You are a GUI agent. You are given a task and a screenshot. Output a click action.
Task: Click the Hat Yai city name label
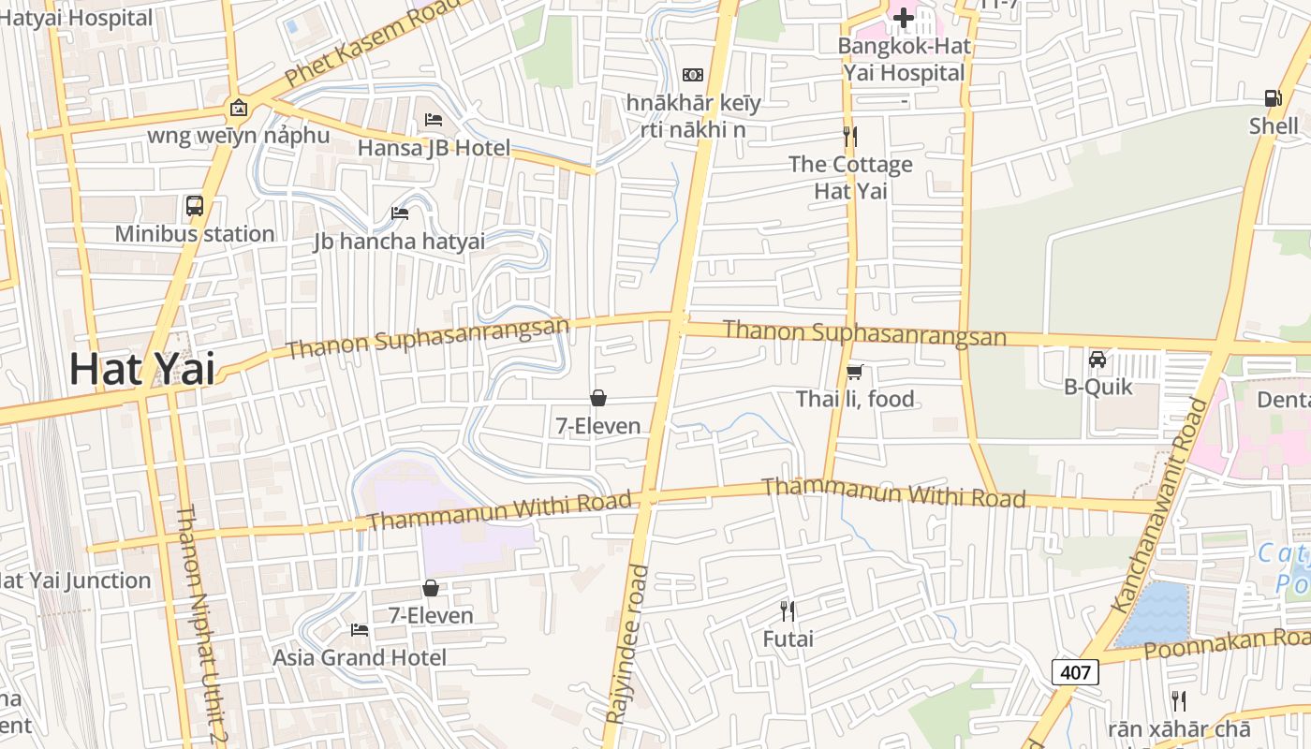pos(142,369)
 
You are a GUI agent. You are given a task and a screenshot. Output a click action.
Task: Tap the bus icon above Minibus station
pos(195,206)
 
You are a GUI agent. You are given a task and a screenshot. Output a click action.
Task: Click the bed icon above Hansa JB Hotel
pos(434,120)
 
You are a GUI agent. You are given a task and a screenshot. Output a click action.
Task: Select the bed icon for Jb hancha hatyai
pos(400,213)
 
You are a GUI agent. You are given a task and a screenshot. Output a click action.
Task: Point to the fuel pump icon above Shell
pos(1273,97)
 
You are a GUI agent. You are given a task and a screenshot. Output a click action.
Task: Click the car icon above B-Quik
pos(1097,360)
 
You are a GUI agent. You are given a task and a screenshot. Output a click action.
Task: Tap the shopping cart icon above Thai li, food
pos(854,373)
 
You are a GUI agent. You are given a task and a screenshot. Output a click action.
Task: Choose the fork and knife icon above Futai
pos(788,611)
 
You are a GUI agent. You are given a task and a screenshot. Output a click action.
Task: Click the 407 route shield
pos(1075,671)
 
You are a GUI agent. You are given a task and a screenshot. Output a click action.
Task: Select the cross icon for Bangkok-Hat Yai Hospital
pos(903,17)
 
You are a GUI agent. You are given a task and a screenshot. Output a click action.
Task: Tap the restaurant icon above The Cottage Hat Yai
pos(850,137)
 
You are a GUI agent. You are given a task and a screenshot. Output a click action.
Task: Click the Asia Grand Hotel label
pos(360,657)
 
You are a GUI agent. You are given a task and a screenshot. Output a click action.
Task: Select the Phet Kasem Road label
pos(373,41)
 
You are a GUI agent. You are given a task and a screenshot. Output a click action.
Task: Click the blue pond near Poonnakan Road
pos(1154,613)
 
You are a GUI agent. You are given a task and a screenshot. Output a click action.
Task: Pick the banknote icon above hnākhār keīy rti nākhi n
pos(693,74)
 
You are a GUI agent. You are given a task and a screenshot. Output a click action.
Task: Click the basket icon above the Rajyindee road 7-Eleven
pos(598,399)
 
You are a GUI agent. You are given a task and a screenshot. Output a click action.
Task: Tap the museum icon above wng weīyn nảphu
pos(239,108)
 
